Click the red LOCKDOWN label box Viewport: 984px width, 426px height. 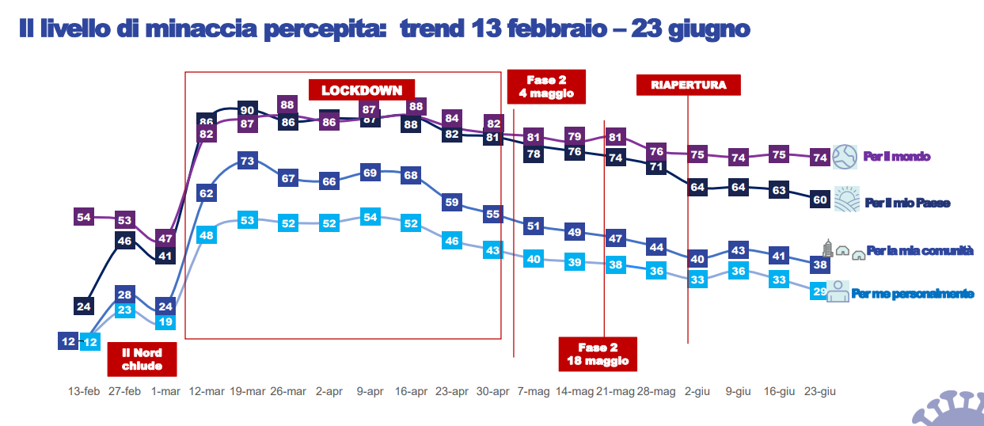pyautogui.click(x=362, y=89)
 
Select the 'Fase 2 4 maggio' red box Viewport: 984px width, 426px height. pyautogui.click(x=546, y=87)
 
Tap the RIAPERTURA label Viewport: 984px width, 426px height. pyautogui.click(x=688, y=85)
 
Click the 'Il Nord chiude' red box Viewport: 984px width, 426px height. pyautogui.click(x=142, y=359)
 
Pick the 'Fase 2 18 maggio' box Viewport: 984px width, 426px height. pyautogui.click(x=598, y=354)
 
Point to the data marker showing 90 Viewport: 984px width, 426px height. pyautogui.click(x=247, y=110)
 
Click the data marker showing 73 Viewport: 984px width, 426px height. pyautogui.click(x=247, y=161)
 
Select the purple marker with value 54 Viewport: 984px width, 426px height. pyautogui.click(x=85, y=215)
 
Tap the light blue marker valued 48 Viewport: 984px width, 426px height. pyautogui.click(x=207, y=235)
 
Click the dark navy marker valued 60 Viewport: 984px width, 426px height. pyautogui.click(x=820, y=200)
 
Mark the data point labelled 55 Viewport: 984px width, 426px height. pyautogui.click(x=492, y=213)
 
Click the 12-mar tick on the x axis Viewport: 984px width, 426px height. pyautogui.click(x=206, y=391)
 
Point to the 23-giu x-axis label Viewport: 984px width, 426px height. pyautogui.click(x=819, y=391)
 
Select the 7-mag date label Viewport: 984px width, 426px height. pyautogui.click(x=534, y=391)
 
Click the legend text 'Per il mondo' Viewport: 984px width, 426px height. pyautogui.click(x=897, y=157)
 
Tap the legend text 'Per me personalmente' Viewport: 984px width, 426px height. pyautogui.click(x=912, y=294)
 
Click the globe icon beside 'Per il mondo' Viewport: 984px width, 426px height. pyautogui.click(x=845, y=156)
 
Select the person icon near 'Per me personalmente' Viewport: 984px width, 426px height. pyautogui.click(x=837, y=291)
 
